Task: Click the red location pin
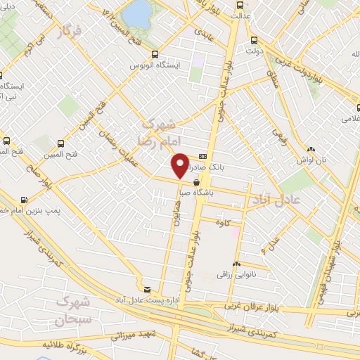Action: point(181,165)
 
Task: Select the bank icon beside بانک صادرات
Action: point(203,156)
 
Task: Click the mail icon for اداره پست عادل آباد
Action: point(147,289)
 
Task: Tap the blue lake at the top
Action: point(138,13)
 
